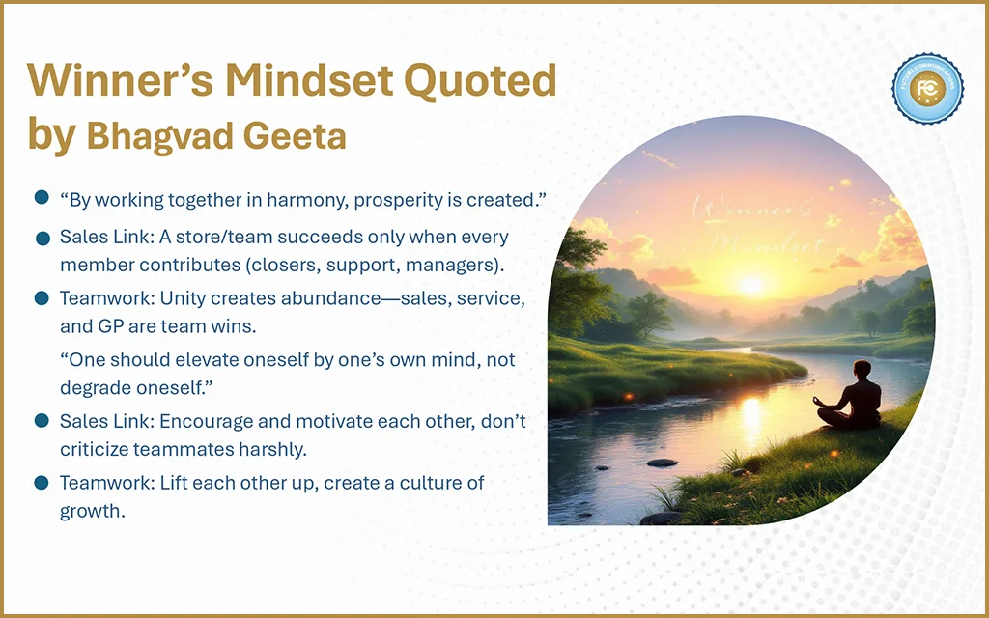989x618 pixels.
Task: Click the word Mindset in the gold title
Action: pos(310,80)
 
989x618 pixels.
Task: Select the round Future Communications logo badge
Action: pos(927,88)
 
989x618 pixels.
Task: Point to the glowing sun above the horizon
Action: pos(751,285)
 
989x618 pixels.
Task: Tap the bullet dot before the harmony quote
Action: pos(42,197)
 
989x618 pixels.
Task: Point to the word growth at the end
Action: pos(92,512)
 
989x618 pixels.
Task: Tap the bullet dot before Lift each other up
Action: pos(42,483)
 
